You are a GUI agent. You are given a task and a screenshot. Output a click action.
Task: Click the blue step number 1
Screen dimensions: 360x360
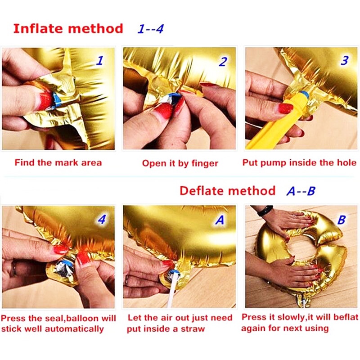pyautogui.click(x=100, y=61)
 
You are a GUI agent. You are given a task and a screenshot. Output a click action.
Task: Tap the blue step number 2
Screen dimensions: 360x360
pyautogui.click(x=223, y=62)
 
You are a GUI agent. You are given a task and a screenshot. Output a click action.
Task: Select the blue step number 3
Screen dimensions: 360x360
pyautogui.click(x=345, y=60)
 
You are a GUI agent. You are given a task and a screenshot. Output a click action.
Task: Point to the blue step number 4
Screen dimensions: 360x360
pyautogui.click(x=102, y=219)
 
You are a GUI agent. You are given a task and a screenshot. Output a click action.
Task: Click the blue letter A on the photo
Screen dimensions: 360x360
pyautogui.click(x=220, y=220)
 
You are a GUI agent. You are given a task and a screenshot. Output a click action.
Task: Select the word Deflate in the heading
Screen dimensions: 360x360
pyautogui.click(x=205, y=191)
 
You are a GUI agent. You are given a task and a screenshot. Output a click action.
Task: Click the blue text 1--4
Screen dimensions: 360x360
pyautogui.click(x=151, y=29)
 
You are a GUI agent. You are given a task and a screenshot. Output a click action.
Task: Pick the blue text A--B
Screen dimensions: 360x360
pyautogui.click(x=301, y=191)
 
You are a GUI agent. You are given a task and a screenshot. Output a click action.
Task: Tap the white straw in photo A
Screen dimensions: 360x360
pyautogui.click(x=172, y=289)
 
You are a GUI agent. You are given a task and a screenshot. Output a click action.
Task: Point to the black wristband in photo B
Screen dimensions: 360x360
pyautogui.click(x=265, y=211)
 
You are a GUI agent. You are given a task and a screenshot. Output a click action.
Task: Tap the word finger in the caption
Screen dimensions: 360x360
pyautogui.click(x=205, y=164)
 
